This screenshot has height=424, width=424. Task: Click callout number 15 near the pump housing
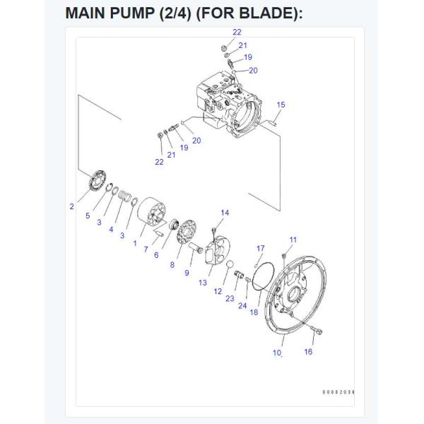click(x=281, y=105)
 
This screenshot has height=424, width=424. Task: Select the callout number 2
click(x=71, y=206)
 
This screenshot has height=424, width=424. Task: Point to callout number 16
click(x=309, y=351)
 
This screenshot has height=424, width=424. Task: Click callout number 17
click(x=260, y=248)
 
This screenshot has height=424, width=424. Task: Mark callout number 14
click(x=225, y=213)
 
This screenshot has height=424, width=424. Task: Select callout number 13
click(x=202, y=283)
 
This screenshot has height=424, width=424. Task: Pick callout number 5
click(x=88, y=216)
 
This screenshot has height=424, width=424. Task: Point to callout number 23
click(x=230, y=298)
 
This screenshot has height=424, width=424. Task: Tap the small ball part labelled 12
click(x=228, y=265)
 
